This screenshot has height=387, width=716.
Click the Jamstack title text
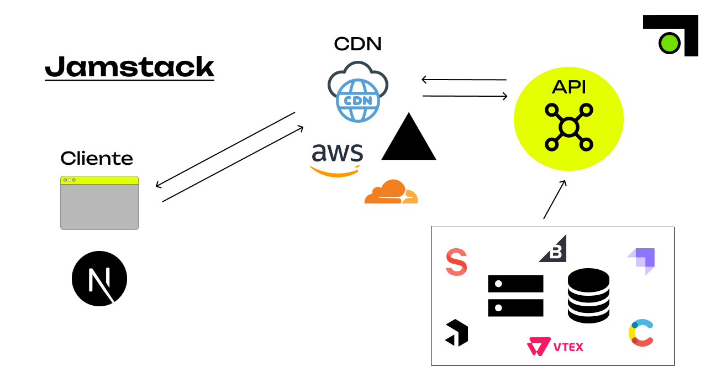(x=129, y=67)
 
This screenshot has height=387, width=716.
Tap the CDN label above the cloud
(x=357, y=44)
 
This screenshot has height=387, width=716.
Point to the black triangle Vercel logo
(x=409, y=138)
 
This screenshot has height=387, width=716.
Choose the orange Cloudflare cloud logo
(x=391, y=192)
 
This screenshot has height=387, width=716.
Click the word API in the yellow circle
(x=568, y=87)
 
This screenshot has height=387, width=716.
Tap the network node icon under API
(x=568, y=127)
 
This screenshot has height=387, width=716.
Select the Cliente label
(x=97, y=159)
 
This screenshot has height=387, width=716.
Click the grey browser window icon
(x=99, y=203)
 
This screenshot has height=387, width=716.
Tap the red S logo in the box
(x=456, y=262)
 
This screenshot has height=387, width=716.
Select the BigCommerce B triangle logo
(x=554, y=249)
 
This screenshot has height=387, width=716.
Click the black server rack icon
(x=515, y=296)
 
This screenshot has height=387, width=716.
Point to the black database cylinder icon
(x=588, y=295)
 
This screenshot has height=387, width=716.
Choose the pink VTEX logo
(x=555, y=347)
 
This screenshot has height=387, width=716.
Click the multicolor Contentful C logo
(x=641, y=333)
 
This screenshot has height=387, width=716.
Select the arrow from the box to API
(x=555, y=200)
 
